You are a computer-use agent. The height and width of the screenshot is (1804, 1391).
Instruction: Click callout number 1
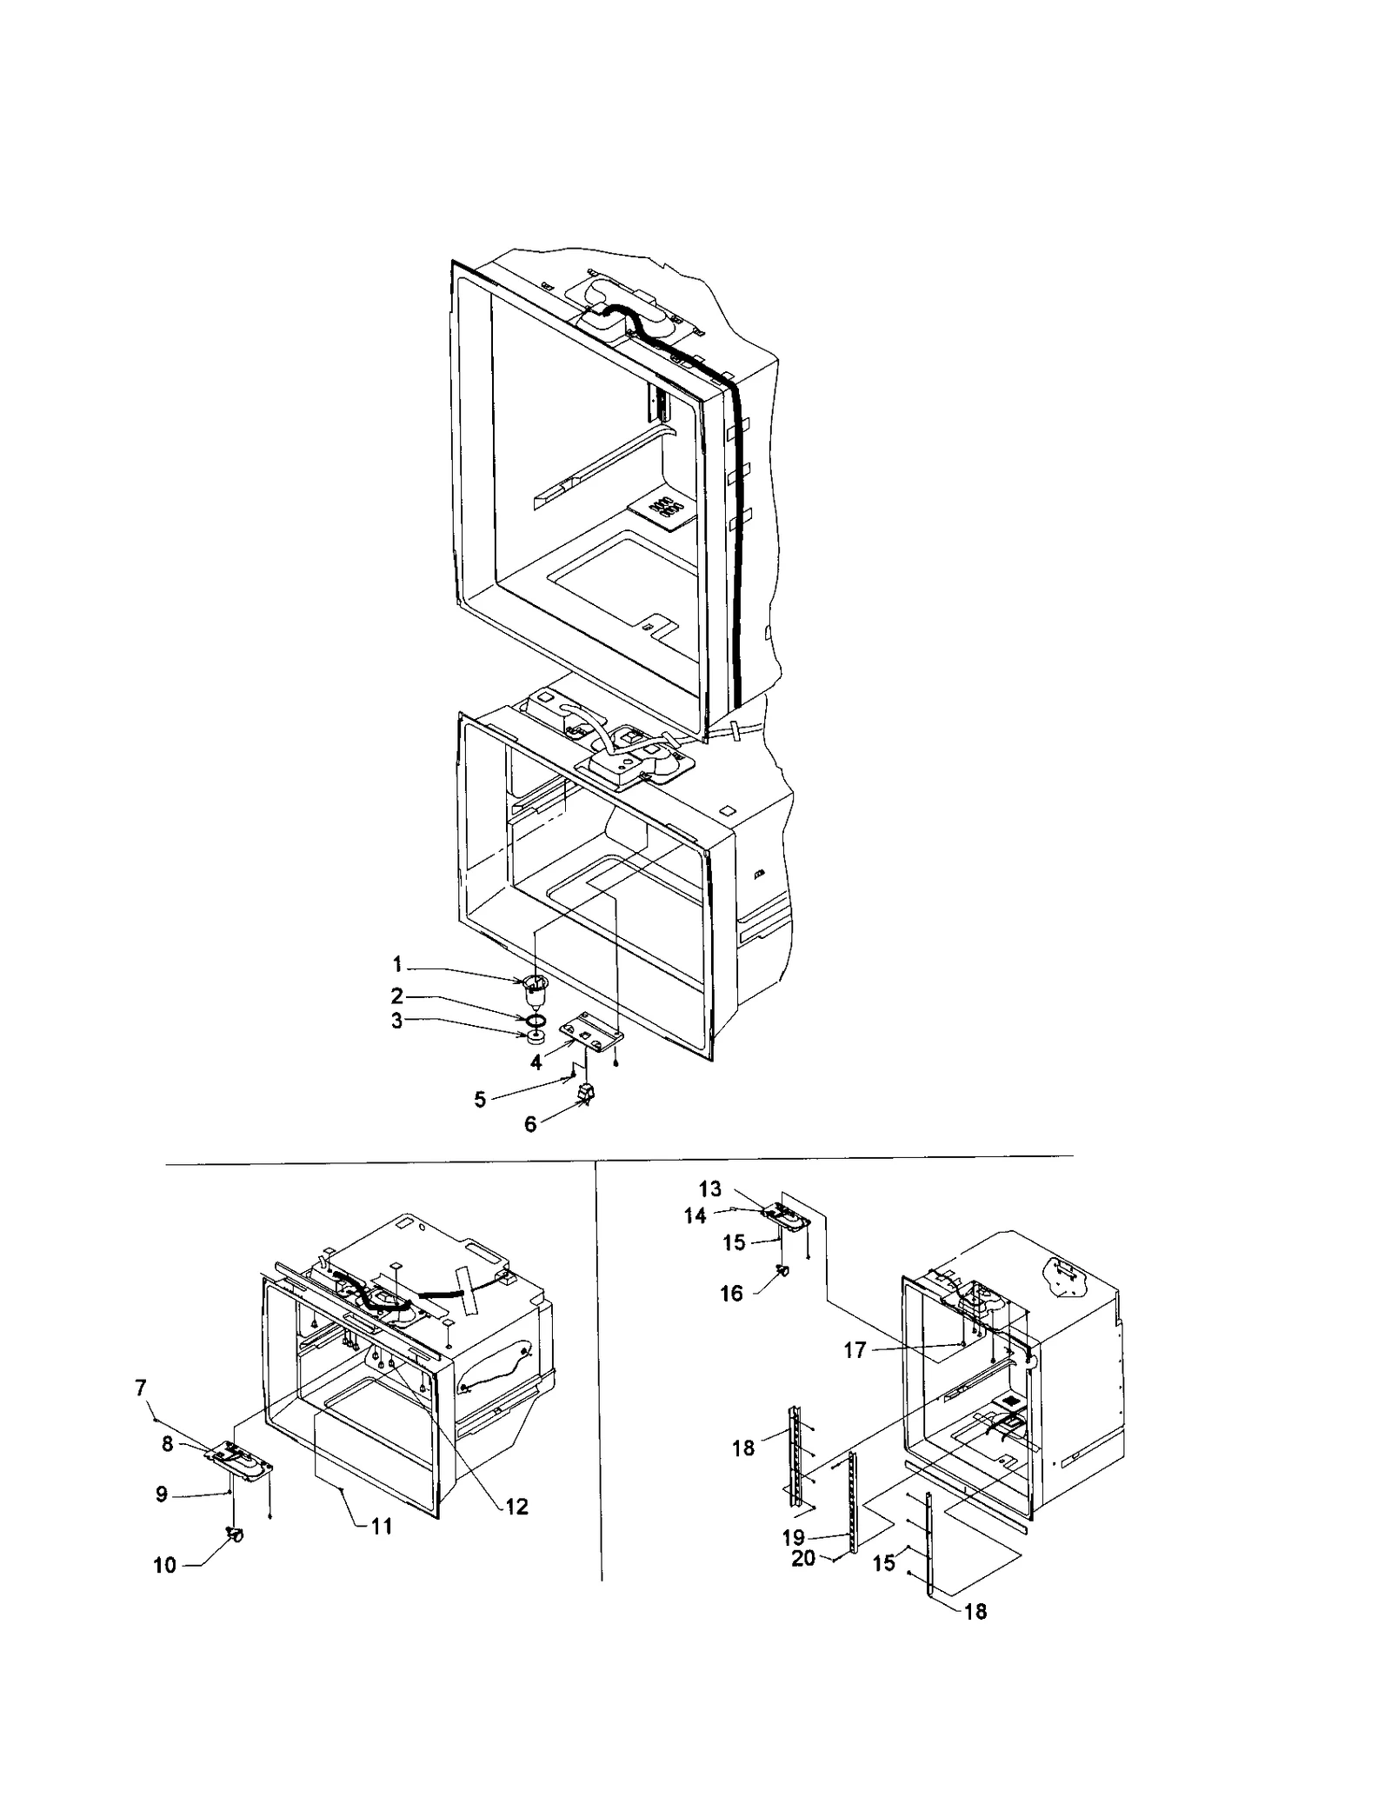(x=396, y=964)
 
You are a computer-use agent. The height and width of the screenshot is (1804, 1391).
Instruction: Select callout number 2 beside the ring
(x=396, y=995)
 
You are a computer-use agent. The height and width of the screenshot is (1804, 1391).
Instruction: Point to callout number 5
(x=480, y=1100)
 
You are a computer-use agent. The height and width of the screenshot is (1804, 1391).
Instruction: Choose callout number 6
(x=530, y=1124)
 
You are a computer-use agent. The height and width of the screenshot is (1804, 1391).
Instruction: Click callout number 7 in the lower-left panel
(x=141, y=1388)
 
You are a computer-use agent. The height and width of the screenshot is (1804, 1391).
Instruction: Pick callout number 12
(x=516, y=1507)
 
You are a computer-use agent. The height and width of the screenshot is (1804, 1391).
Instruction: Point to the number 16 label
(x=731, y=1294)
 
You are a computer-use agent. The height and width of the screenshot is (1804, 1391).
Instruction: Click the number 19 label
(x=793, y=1537)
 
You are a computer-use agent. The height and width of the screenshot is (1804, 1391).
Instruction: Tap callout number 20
(x=803, y=1559)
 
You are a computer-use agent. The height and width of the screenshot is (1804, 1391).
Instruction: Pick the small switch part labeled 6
(x=587, y=1095)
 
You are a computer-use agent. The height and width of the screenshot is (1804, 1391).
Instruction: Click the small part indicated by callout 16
(x=783, y=1271)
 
